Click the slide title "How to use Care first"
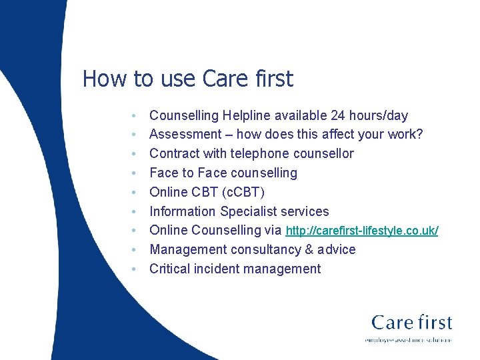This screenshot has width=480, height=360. (187, 79)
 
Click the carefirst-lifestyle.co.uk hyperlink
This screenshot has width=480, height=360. (361, 231)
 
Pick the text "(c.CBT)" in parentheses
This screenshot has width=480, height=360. (242, 193)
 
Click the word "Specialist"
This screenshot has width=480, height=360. (252, 211)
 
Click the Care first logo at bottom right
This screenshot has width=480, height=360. (411, 323)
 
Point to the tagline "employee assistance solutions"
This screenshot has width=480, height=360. (408, 340)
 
